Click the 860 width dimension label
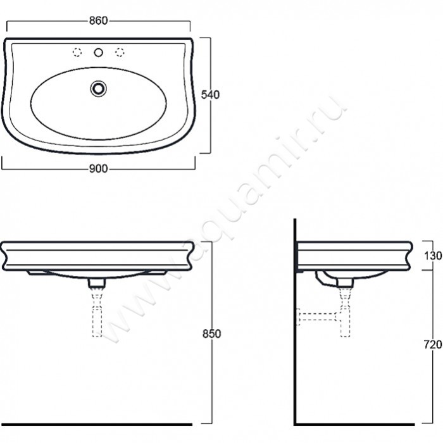coord(98,21)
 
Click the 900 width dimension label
coord(98,169)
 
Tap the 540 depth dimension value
coord(210,95)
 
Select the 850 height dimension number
coord(211,334)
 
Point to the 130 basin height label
coord(433,256)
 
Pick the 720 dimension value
coord(433,344)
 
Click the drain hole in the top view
coord(98,89)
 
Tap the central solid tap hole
coord(98,53)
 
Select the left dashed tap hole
coord(77,53)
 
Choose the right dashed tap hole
coord(120,53)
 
